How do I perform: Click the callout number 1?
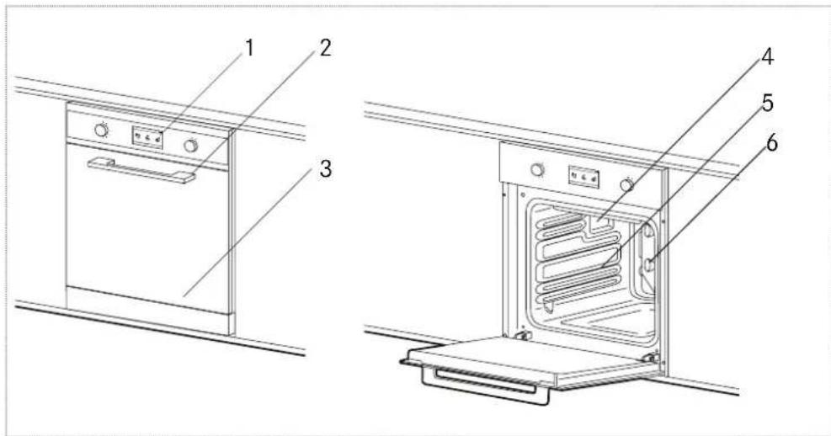pyautogui.click(x=248, y=49)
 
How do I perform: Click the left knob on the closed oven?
pyautogui.click(x=102, y=130)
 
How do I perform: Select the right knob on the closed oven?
pyautogui.click(x=191, y=146)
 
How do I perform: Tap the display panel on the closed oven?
pyautogui.click(x=146, y=137)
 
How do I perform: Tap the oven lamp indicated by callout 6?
pyautogui.click(x=650, y=265)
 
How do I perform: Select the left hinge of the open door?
pyautogui.click(x=523, y=337)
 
